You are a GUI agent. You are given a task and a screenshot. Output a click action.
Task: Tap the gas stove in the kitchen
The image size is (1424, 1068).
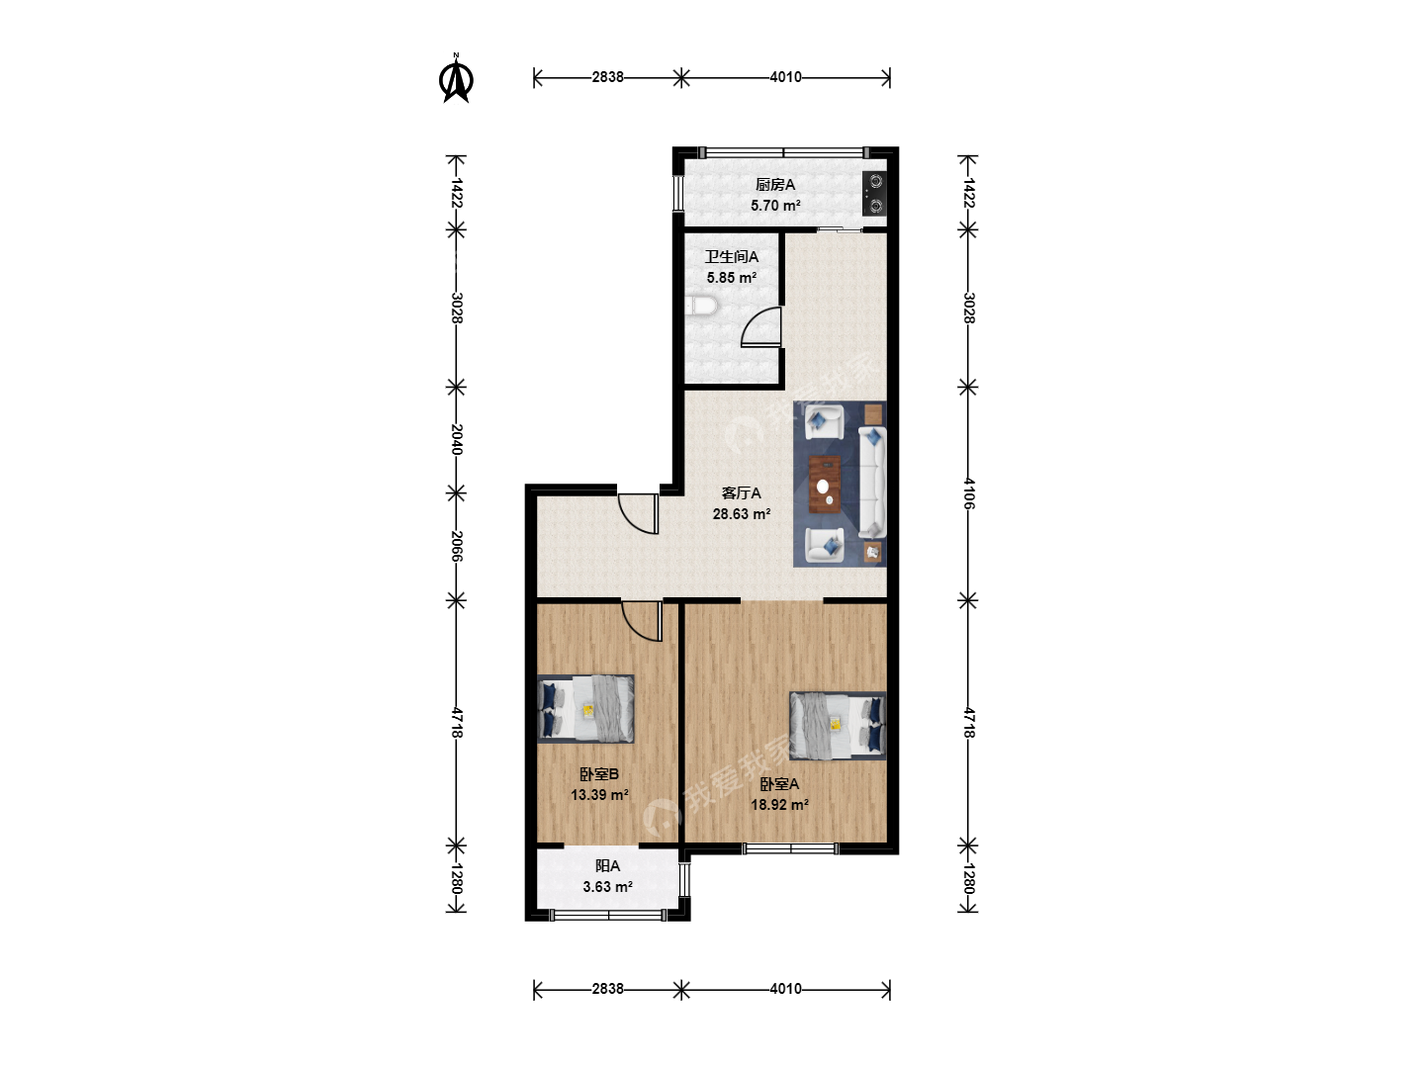(x=874, y=193)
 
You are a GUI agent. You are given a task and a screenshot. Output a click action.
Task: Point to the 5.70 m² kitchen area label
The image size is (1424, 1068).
(x=775, y=206)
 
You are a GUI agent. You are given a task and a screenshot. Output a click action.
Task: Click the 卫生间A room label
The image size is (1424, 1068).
(x=732, y=257)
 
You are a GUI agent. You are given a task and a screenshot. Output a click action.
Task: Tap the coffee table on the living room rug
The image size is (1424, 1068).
(x=825, y=484)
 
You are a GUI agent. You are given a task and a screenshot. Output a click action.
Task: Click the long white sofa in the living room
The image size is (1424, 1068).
(x=872, y=482)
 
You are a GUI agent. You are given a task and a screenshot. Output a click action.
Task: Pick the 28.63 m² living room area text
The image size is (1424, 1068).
(x=742, y=514)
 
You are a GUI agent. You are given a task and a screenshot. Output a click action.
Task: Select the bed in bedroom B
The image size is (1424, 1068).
(x=585, y=708)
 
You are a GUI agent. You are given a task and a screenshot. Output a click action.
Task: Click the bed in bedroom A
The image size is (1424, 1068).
(x=838, y=725)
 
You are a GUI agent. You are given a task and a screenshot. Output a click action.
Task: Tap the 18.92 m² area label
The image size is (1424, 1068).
(x=780, y=805)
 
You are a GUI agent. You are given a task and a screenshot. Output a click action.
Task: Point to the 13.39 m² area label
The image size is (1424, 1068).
(x=599, y=794)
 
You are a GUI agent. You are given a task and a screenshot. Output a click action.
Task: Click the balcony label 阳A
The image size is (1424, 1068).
(x=608, y=865)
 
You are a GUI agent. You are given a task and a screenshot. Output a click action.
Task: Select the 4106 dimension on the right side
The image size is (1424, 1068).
(x=968, y=493)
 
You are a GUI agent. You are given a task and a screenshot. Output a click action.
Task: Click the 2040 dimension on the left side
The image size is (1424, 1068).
(x=457, y=440)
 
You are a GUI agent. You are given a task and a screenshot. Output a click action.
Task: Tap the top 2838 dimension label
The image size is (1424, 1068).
(x=607, y=77)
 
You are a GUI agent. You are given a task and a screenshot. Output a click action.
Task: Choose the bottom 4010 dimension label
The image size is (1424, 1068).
(x=785, y=989)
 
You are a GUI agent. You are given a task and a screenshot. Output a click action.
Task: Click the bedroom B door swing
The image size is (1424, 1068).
(x=642, y=621)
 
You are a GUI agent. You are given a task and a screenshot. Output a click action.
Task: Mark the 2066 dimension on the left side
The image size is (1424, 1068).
(x=457, y=547)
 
